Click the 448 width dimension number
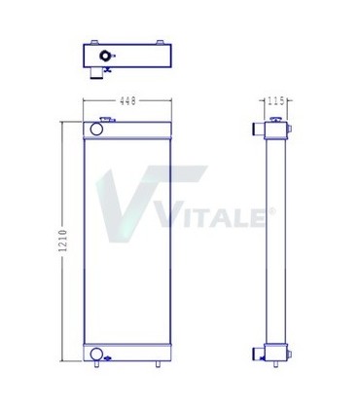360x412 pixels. click(127, 100)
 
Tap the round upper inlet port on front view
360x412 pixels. click(96, 129)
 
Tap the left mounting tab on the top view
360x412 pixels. click(95, 42)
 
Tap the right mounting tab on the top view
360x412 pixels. click(159, 42)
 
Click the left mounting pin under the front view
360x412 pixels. click(96, 367)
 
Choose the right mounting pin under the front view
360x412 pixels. click(159, 366)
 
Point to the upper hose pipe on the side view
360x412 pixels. click(261, 130)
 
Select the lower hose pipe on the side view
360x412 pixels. click(261, 352)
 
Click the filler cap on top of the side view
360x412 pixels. click(276, 120)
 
